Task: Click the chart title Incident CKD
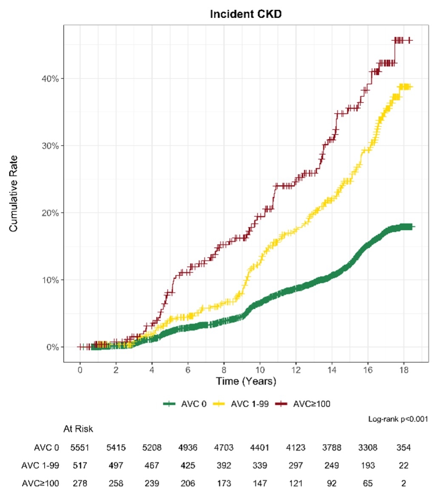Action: (246, 14)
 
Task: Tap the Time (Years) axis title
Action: (246, 381)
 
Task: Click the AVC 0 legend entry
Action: (185, 404)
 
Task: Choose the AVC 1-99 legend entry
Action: (243, 404)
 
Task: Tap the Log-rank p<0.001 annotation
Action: (397, 420)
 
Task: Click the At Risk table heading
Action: (78, 429)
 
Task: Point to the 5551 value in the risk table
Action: (79, 448)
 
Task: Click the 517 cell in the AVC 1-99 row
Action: (79, 466)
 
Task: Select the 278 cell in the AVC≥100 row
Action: (79, 483)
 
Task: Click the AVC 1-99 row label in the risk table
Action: (40, 466)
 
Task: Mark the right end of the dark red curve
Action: (410, 40)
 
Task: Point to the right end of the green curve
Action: (413, 227)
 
